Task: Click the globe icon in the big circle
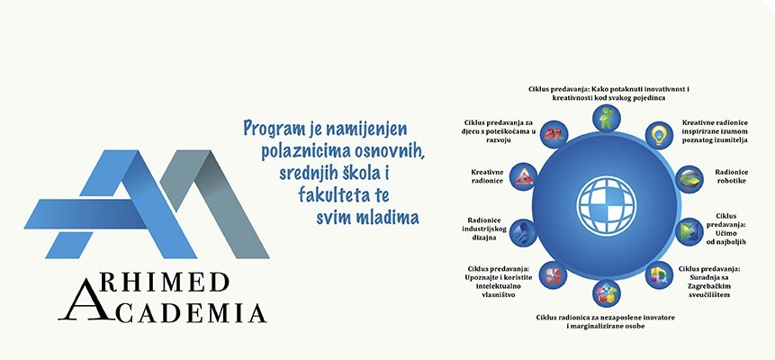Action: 606,205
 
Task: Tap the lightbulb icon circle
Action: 660,135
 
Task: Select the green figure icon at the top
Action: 606,118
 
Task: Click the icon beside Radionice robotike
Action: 689,179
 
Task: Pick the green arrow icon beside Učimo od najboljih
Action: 689,232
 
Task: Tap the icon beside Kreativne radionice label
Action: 523,177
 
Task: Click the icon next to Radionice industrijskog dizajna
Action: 523,232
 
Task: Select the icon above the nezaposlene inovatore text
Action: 606,293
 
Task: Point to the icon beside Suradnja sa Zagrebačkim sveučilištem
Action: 660,274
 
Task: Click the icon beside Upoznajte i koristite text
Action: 553,274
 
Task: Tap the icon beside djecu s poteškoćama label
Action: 554,134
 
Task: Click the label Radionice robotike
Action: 732,176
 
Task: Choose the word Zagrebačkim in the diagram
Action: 711,286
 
